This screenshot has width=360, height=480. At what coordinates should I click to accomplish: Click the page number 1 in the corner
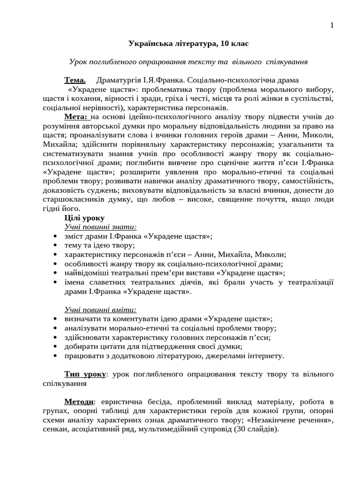coord(332,26)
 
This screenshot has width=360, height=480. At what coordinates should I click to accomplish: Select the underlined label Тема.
coord(75,80)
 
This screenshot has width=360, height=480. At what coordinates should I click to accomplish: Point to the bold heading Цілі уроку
coord(84,218)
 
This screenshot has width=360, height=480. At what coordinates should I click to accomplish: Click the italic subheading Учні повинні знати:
coord(100,227)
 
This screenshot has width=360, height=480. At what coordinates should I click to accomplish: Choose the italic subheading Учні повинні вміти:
coord(100,310)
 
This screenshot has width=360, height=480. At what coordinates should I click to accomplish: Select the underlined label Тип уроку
coord(85,374)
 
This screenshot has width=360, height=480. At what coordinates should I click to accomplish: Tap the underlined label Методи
coord(79,402)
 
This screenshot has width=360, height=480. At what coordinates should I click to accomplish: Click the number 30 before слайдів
coord(236,429)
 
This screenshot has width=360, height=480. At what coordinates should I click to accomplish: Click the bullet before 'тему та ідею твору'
coord(56,246)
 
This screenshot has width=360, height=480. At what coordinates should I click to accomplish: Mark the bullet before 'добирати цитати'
coord(56,347)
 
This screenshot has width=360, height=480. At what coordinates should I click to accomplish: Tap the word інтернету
coord(262,356)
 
